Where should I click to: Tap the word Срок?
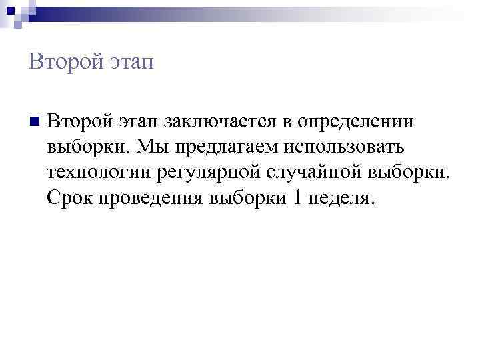[x=70, y=198]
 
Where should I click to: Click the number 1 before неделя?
[x=297, y=198]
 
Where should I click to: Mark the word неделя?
[x=339, y=198]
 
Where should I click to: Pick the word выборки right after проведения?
[x=247, y=198]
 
